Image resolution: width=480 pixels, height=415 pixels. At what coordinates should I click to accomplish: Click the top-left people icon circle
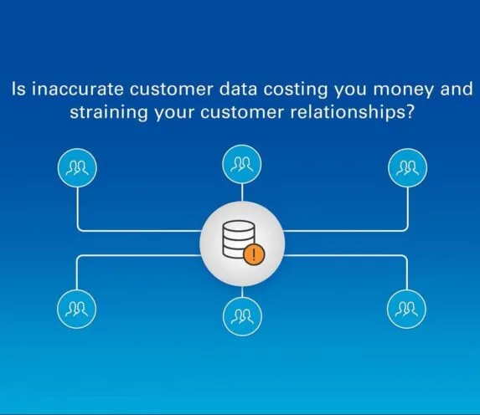77,168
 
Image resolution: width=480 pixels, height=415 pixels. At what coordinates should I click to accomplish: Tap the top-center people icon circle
242,164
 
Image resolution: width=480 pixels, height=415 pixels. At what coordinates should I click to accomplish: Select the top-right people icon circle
407,168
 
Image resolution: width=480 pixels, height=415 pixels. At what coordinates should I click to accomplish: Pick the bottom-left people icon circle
76,309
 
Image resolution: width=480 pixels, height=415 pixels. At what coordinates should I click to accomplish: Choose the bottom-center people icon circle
242,316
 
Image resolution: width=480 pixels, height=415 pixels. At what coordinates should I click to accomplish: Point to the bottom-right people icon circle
406,309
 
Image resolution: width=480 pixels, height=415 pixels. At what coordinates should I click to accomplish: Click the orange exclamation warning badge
254,254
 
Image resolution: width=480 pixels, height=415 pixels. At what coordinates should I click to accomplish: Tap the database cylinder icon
239,239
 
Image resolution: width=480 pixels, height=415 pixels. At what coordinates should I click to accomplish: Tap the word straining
109,114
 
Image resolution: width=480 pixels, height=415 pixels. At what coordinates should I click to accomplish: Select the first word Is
19,90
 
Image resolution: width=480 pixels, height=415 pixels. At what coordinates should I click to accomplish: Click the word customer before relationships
242,113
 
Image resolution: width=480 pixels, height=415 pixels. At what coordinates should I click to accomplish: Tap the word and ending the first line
457,90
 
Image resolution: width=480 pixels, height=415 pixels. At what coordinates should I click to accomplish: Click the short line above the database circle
242,192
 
